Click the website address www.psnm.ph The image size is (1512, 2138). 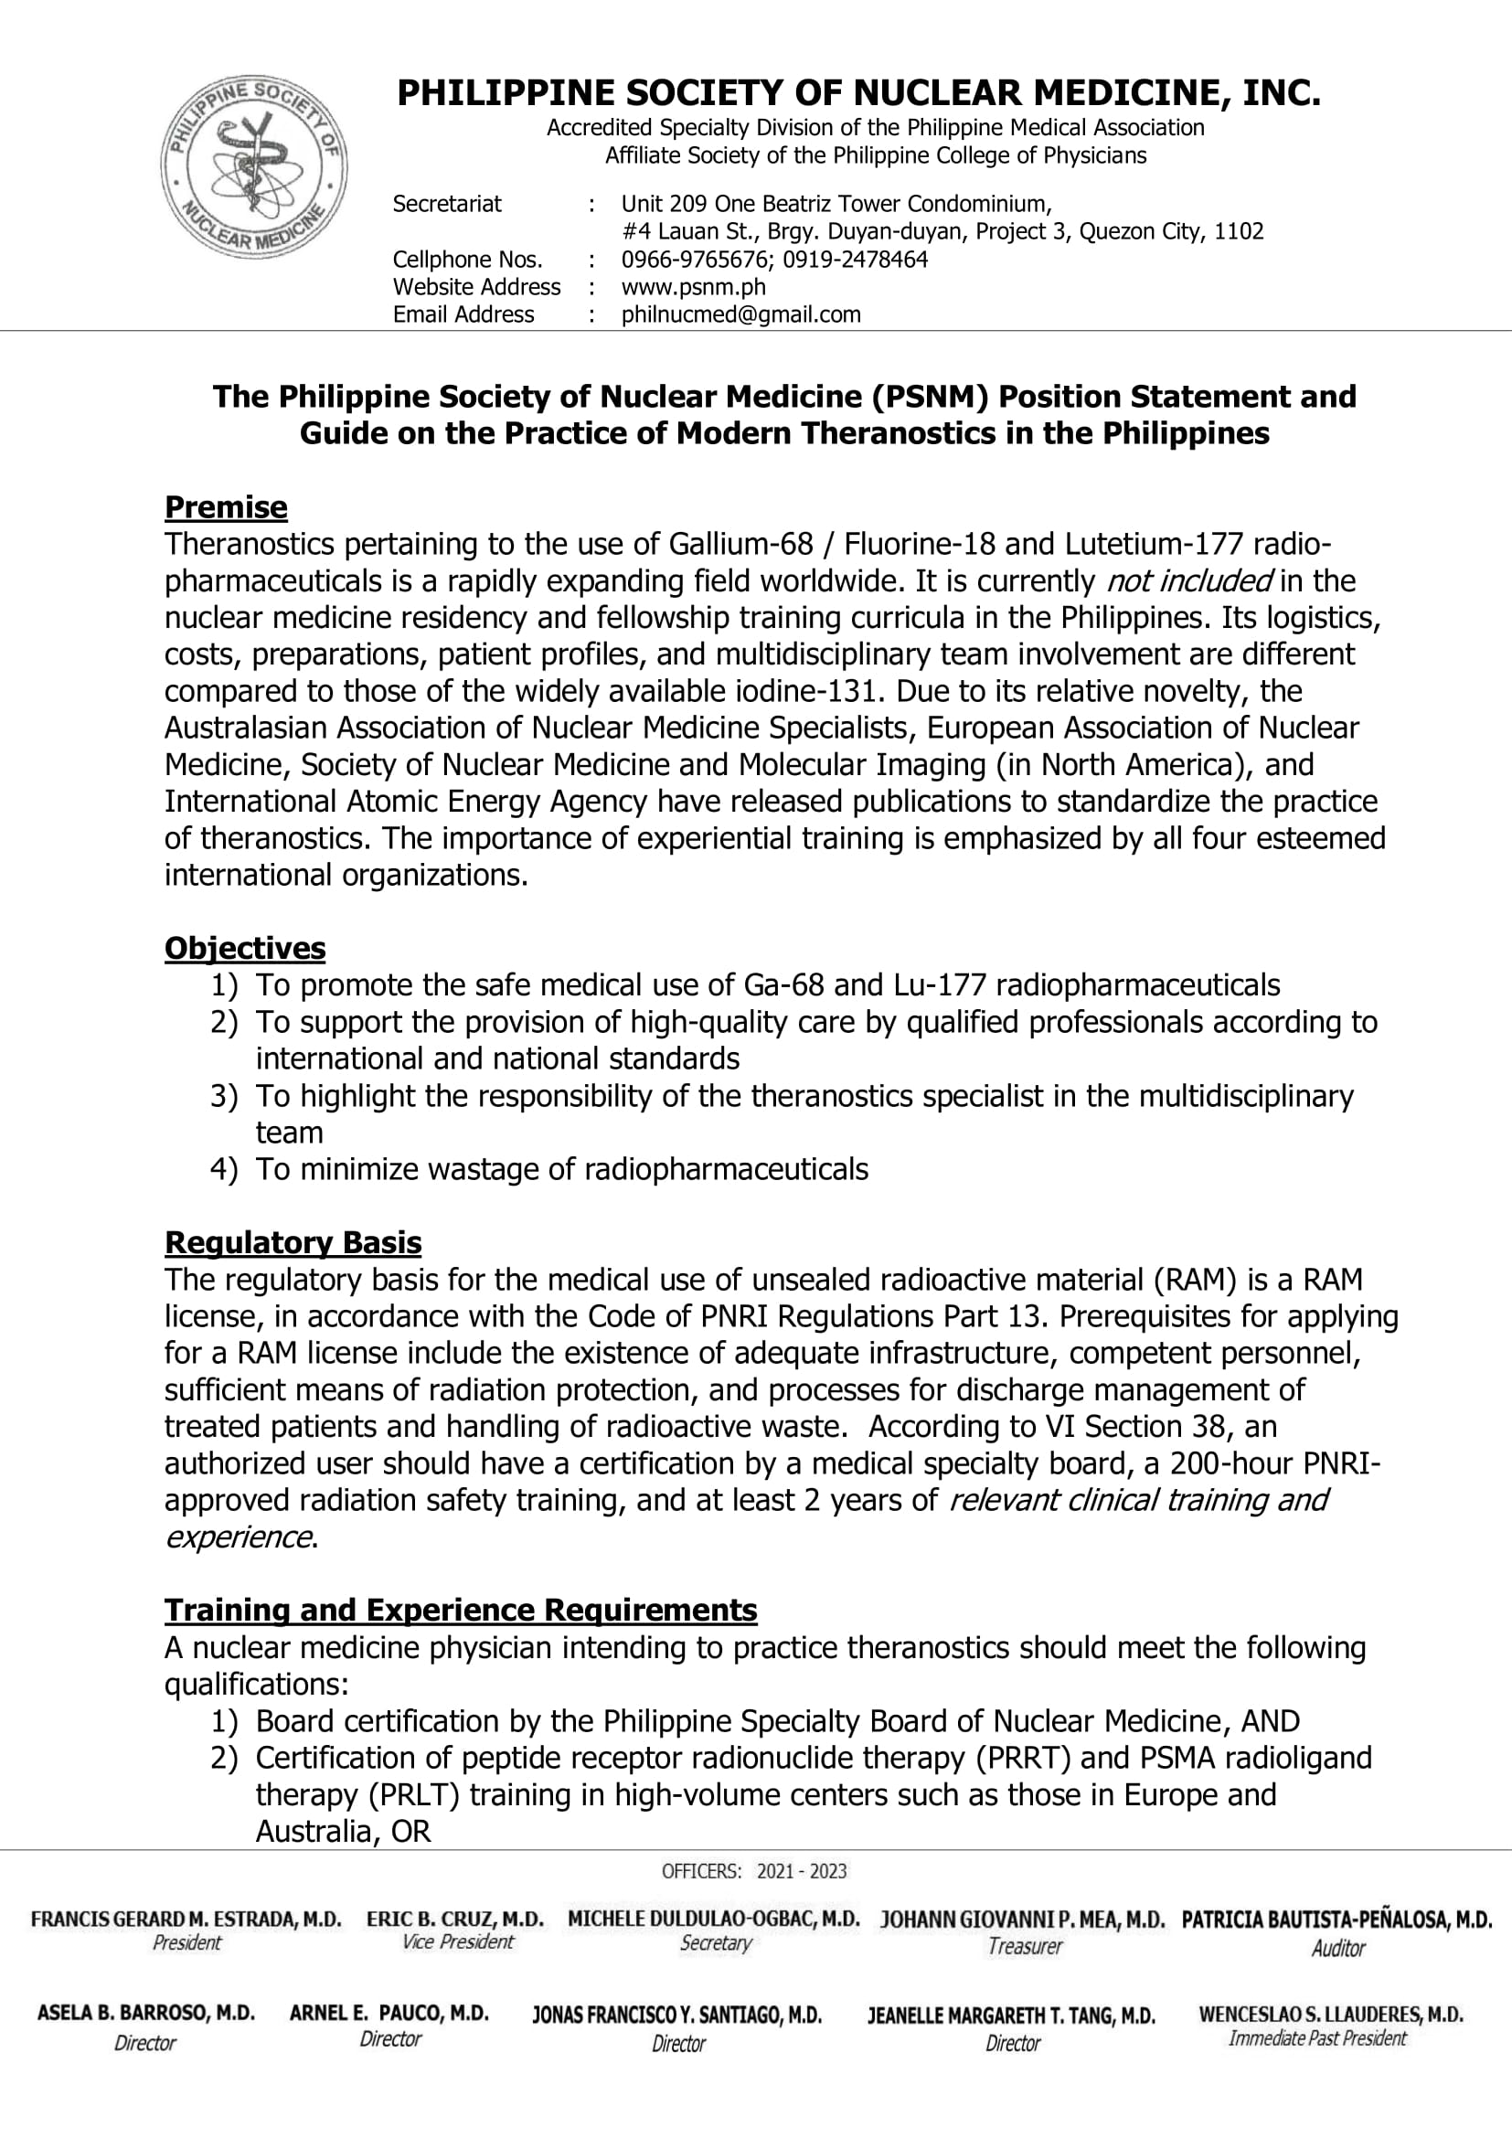tap(693, 287)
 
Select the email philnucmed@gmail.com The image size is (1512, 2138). tap(740, 314)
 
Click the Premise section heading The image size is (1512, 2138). tap(225, 507)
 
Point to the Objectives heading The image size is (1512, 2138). tap(245, 948)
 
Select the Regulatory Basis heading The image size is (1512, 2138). tap(293, 1242)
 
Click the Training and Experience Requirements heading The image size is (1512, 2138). tap(460, 1610)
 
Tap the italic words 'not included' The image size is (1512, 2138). tap(1188, 581)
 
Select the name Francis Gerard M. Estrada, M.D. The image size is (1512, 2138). tap(186, 1920)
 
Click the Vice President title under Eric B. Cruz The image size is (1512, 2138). tap(457, 1941)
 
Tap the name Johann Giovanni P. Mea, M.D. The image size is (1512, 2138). tap(1022, 1920)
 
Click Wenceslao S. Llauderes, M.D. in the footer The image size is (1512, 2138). tap(1330, 2015)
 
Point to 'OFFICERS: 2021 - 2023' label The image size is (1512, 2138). tap(754, 1872)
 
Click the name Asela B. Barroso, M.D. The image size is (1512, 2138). tap(145, 2013)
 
